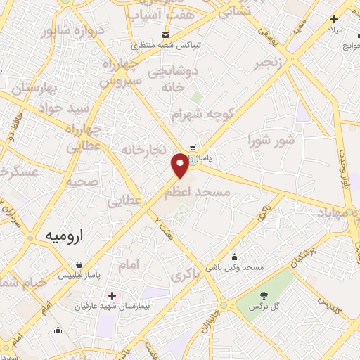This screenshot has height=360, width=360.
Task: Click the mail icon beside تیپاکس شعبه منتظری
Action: [165, 34]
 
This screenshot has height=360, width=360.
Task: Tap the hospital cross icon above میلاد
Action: [335, 20]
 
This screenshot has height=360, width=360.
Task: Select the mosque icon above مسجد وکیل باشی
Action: [234, 257]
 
